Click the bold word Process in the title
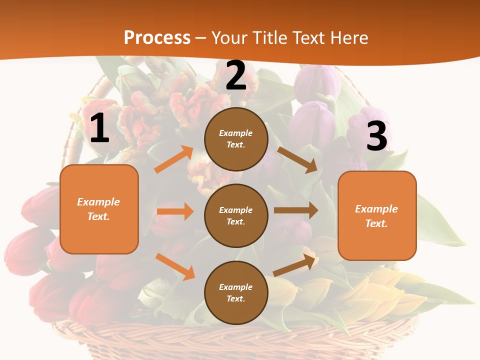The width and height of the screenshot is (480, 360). (157, 37)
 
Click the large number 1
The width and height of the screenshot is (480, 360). (99, 128)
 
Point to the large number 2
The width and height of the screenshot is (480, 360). (236, 76)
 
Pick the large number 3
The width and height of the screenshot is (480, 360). (376, 136)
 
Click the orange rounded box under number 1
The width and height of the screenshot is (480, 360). (99, 209)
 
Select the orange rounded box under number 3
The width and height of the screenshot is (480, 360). (377, 215)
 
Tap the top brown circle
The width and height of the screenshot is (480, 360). (236, 139)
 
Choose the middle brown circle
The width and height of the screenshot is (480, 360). (236, 215)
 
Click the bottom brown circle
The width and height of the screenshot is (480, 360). (236, 292)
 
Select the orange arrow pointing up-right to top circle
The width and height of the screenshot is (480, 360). (173, 159)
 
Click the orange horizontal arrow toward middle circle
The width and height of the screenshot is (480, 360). (175, 211)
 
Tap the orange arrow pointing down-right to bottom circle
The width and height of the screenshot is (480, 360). (175, 266)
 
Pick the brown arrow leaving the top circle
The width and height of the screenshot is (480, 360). (297, 159)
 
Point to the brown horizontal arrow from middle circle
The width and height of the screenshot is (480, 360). (296, 210)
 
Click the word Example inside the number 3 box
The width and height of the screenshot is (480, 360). (376, 209)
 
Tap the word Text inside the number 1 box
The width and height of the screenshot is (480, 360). (98, 216)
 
